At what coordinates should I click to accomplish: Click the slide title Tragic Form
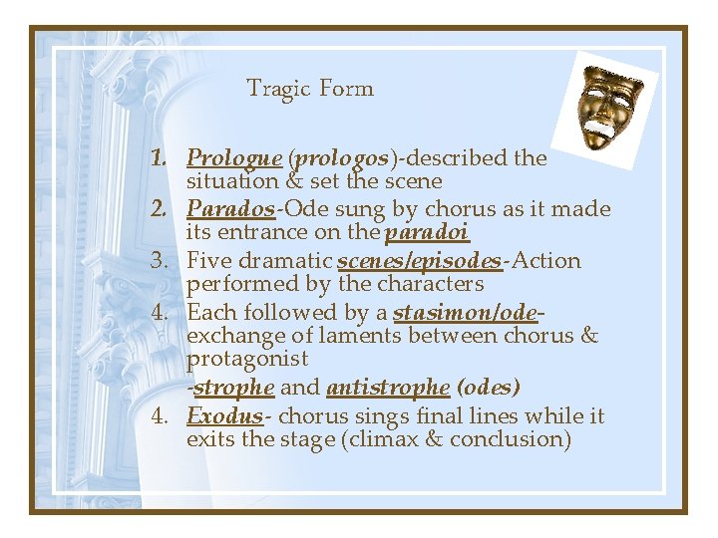(x=310, y=89)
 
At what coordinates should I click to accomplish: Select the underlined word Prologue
(x=234, y=157)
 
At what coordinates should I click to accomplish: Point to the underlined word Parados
(x=230, y=209)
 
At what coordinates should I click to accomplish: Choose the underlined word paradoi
(x=427, y=233)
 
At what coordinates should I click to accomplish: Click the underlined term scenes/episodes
(x=420, y=261)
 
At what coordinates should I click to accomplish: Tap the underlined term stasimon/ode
(x=466, y=313)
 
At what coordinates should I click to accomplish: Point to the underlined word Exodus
(x=223, y=415)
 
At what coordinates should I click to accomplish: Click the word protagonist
(x=247, y=359)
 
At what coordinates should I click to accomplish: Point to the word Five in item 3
(x=208, y=261)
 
